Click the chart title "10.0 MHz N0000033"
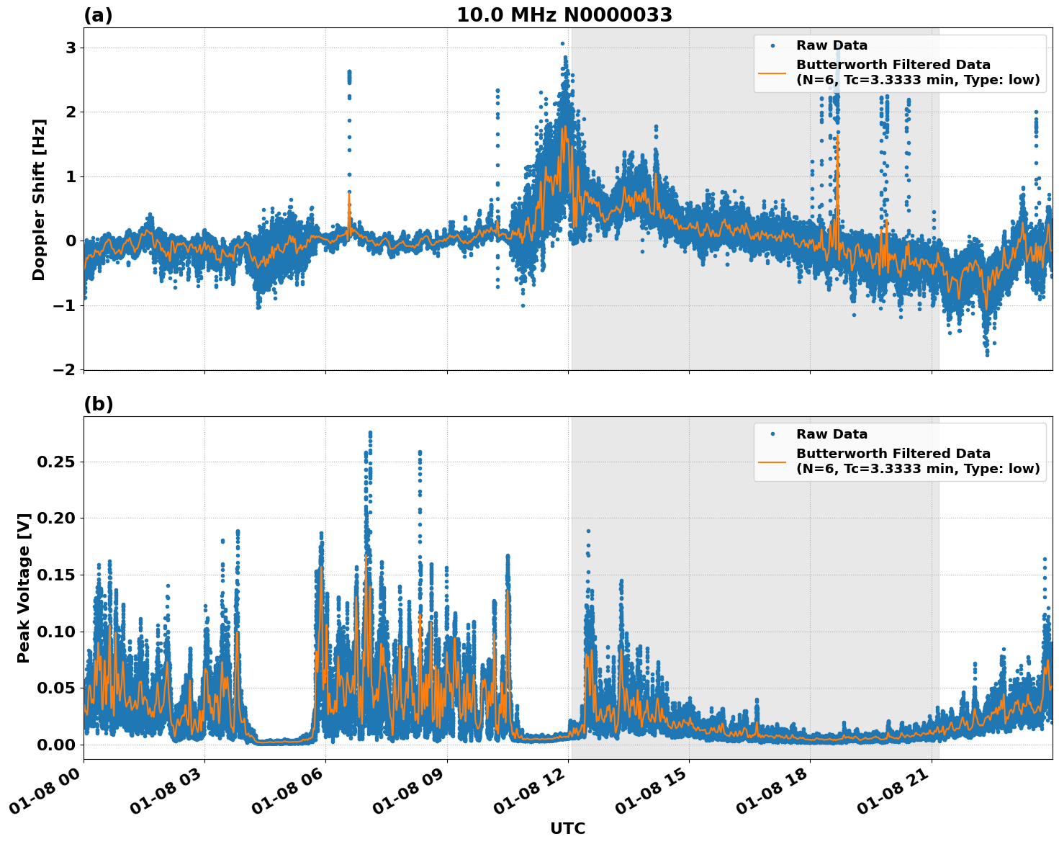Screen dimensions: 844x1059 tap(564, 15)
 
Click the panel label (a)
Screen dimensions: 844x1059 tap(98, 15)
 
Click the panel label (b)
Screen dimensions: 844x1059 tap(98, 404)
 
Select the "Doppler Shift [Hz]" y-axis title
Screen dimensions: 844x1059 tap(39, 199)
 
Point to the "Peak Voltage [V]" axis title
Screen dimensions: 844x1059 tap(24, 588)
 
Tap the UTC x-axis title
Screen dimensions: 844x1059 tap(567, 828)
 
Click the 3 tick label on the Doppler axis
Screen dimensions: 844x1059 tap(71, 48)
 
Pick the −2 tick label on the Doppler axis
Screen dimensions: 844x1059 tap(64, 369)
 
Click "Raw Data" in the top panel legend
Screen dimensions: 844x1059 tap(832, 45)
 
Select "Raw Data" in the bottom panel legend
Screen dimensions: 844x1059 tap(832, 434)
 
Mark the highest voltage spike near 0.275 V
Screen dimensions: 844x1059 tap(370, 434)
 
